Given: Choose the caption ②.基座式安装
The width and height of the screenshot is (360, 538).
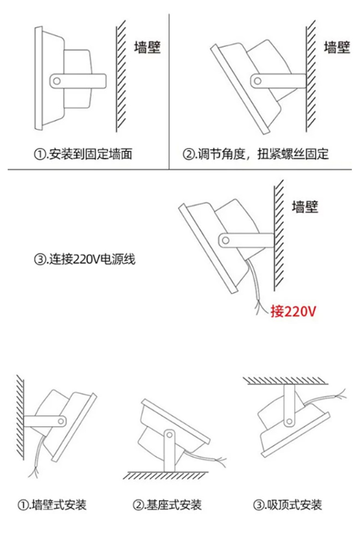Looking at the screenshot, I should [x=167, y=504].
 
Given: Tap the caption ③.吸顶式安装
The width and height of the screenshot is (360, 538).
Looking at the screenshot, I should [x=287, y=504].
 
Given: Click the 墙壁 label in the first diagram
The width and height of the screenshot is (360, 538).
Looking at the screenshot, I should [x=147, y=48].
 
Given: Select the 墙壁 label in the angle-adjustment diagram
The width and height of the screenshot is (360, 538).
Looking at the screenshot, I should [x=337, y=48].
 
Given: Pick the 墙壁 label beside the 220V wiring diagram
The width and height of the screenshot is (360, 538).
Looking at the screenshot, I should [x=305, y=207].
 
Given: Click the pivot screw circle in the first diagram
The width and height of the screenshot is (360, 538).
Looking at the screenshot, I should [x=57, y=81].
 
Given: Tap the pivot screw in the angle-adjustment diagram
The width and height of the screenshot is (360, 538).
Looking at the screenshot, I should [x=258, y=81].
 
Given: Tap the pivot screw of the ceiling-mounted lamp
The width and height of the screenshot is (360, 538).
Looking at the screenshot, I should [x=289, y=422].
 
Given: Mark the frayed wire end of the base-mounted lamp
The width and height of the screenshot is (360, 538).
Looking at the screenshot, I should [x=222, y=460].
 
